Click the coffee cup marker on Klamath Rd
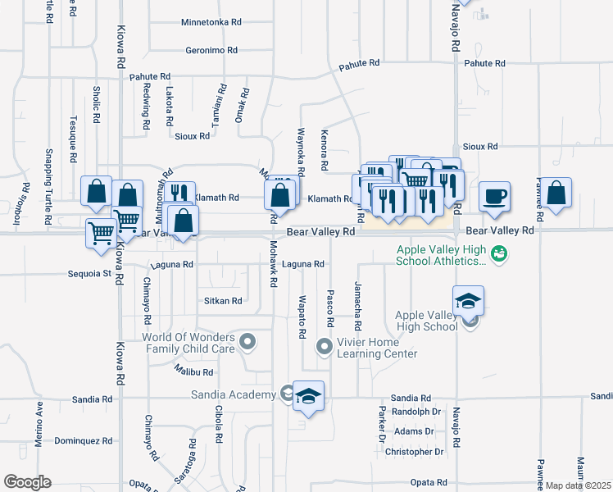coord(494,197)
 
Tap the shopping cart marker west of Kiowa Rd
coord(101,232)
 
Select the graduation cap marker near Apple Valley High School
coord(468,301)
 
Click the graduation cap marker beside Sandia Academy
coord(308,396)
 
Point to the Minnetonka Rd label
coord(211,22)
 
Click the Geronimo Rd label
coord(211,50)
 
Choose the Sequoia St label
coord(90,273)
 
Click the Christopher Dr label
coord(414,452)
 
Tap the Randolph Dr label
coord(417,412)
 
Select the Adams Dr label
coord(414,431)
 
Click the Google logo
coord(27,482)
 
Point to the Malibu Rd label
coord(193,371)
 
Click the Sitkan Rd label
coord(223,301)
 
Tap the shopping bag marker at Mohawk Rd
coord(279,197)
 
